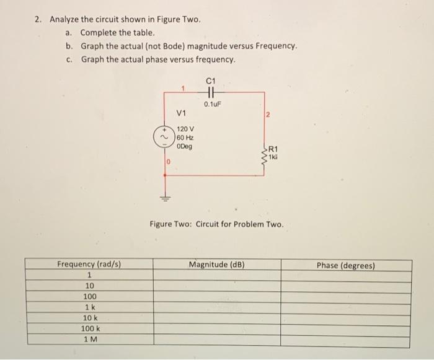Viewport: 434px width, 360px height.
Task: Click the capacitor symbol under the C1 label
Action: [x=211, y=94]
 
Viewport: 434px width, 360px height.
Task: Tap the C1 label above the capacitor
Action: [x=211, y=79]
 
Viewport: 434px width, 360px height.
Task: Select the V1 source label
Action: [x=182, y=113]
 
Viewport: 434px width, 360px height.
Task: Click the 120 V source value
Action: [x=185, y=129]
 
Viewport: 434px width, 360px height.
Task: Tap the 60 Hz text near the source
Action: [x=185, y=138]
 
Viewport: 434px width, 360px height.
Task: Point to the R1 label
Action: [x=274, y=148]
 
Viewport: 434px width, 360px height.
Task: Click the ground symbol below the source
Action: [x=164, y=198]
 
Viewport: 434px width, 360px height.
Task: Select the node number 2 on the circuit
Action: [x=268, y=115]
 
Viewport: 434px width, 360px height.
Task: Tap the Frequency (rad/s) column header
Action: [x=89, y=265]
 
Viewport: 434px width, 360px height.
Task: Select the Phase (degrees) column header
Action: [x=346, y=265]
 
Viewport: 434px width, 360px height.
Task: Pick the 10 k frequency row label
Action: [x=89, y=318]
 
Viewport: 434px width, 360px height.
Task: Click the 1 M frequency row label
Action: [x=89, y=339]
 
